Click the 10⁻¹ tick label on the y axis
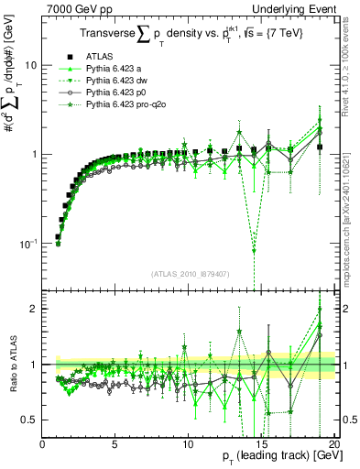point(29,244)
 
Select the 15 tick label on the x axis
point(260,444)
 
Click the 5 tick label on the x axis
point(115,444)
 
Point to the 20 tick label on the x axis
point(333,444)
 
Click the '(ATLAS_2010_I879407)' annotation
point(189,273)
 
